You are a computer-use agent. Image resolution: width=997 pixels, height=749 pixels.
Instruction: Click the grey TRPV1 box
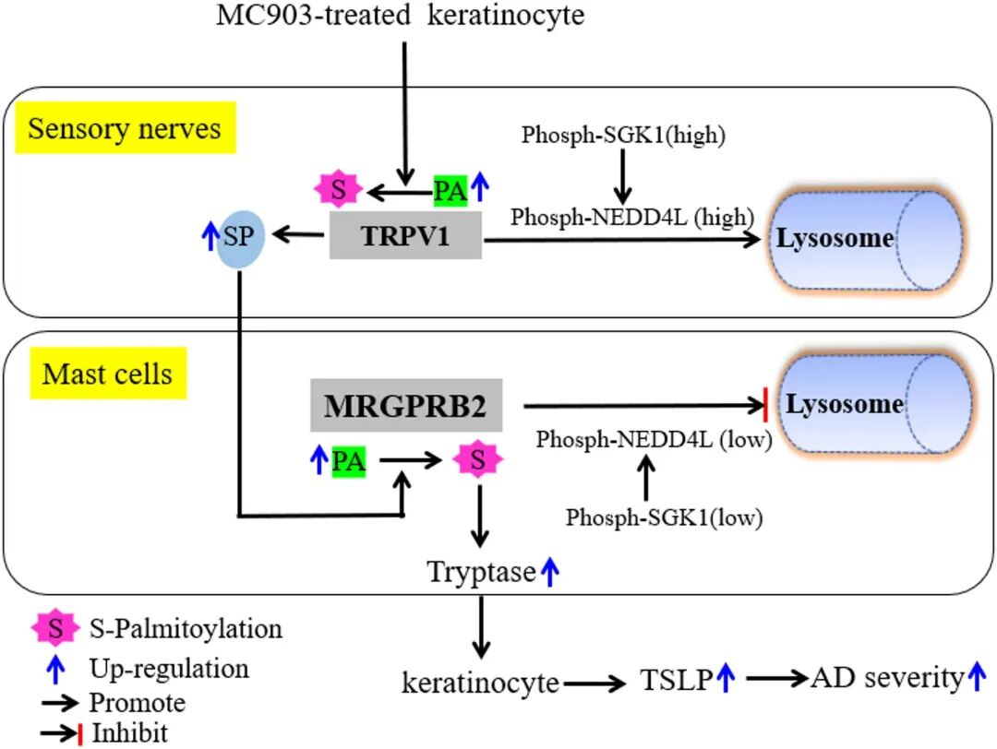[x=405, y=236]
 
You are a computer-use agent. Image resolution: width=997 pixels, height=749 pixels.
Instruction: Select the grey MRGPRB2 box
[x=405, y=405]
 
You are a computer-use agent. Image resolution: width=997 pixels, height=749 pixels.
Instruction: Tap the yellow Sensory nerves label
[x=125, y=127]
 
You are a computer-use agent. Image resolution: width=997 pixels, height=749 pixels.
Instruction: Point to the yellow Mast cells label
[x=107, y=374]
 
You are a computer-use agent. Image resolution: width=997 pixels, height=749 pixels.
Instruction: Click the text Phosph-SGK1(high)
[x=623, y=135]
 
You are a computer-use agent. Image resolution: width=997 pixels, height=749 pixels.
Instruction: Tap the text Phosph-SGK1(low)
[x=664, y=517]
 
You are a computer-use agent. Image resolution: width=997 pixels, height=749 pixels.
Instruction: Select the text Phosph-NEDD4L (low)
[x=653, y=439]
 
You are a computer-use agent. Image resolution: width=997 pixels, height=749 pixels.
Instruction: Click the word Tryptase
[x=481, y=572]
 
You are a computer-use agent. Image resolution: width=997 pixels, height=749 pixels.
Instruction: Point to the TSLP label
[x=675, y=681]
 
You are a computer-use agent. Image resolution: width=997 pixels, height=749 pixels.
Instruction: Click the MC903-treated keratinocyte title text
[x=400, y=16]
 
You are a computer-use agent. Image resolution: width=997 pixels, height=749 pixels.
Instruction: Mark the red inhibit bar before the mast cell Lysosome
[x=765, y=405]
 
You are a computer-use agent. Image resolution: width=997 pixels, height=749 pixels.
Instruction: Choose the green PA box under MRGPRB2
[x=348, y=461]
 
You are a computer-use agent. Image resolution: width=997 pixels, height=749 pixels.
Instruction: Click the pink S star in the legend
[x=54, y=629]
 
